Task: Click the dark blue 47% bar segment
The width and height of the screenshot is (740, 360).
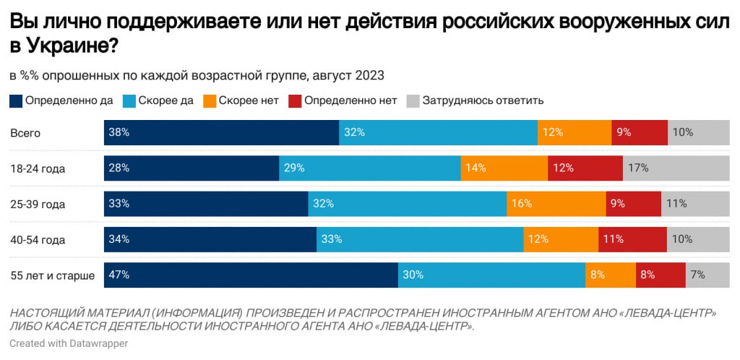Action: click(x=251, y=275)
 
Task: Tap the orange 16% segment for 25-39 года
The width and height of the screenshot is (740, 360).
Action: click(x=556, y=204)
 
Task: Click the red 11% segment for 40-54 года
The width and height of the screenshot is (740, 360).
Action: click(x=632, y=239)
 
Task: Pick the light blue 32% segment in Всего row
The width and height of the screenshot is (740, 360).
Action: click(x=438, y=132)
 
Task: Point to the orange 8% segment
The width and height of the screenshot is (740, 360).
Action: click(x=610, y=275)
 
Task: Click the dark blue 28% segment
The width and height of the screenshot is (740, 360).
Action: click(x=192, y=168)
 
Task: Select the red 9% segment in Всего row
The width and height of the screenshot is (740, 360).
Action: click(x=639, y=132)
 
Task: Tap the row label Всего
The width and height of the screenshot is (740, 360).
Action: click(x=25, y=133)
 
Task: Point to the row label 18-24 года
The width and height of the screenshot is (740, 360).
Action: click(x=38, y=168)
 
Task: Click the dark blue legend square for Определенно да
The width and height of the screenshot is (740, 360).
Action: click(x=16, y=100)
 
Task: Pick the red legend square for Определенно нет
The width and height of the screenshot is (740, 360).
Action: click(x=294, y=100)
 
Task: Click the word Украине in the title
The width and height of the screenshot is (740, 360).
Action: click(x=71, y=46)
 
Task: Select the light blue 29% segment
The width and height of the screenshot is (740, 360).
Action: click(x=369, y=168)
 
